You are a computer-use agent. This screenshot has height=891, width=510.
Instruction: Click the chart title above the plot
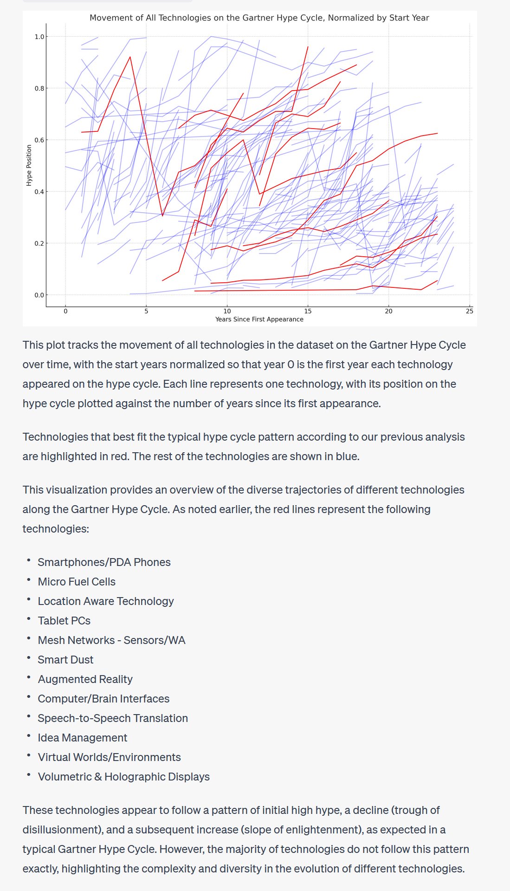pos(259,18)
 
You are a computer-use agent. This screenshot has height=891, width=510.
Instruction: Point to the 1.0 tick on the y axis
pos(39,37)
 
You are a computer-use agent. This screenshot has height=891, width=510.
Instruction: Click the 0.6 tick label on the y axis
pos(39,140)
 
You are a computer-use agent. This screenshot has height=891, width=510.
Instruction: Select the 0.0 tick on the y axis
pos(39,295)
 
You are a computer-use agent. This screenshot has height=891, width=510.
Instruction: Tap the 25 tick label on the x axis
pos(470,311)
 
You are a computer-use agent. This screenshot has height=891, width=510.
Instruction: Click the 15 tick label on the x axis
pos(308,311)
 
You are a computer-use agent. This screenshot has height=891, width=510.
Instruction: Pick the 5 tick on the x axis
pos(146,311)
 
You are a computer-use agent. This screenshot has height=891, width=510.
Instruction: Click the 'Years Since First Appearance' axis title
pos(259,319)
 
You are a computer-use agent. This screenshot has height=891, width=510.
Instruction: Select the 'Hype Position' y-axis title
pos(29,165)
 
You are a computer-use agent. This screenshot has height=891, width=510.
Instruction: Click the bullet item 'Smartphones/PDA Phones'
pos(104,562)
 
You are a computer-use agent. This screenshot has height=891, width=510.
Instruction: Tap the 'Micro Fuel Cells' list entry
pos(77,582)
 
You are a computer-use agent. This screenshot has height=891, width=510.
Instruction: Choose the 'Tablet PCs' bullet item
pos(64,621)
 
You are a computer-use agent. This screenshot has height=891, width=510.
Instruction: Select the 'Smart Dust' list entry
pos(65,660)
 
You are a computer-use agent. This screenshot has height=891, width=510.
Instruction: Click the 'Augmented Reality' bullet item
pos(85,679)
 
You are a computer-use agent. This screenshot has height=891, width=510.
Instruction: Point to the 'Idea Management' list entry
pos(82,738)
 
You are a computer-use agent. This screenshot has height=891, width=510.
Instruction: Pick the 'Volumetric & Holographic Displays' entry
pos(123,777)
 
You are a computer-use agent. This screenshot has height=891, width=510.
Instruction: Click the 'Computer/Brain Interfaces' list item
pos(103,699)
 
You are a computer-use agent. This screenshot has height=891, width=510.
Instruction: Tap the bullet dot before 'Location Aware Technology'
pos(28,600)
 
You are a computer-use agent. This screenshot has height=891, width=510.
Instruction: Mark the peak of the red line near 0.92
pos(130,57)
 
